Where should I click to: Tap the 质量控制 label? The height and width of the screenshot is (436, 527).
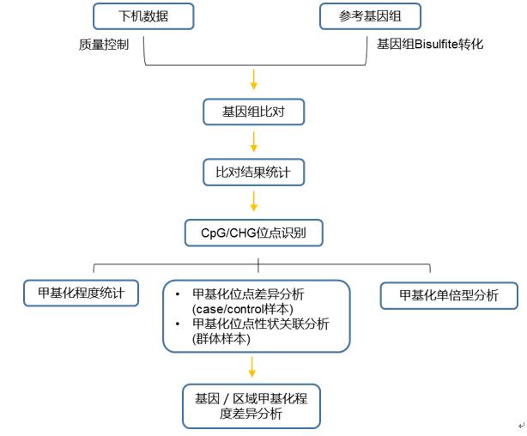[x=104, y=44]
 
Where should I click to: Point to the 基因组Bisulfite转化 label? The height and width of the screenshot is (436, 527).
[x=429, y=44]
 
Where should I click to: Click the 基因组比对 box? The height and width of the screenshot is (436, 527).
[x=253, y=112]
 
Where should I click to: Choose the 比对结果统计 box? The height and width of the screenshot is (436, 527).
[x=253, y=172]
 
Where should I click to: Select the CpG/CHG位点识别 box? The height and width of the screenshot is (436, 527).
[x=254, y=232]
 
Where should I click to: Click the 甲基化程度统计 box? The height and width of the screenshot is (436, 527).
[x=75, y=294]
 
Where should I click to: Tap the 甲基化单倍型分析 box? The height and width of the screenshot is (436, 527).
[x=450, y=295]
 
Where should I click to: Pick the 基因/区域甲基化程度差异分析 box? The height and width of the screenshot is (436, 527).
[x=251, y=406]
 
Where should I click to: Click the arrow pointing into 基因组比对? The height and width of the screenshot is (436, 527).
[x=253, y=80]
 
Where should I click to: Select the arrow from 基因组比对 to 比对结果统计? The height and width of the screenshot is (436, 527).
[x=253, y=142]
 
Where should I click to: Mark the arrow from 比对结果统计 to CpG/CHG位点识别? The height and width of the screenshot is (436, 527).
[x=253, y=202]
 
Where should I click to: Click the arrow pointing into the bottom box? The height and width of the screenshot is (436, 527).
[x=252, y=366]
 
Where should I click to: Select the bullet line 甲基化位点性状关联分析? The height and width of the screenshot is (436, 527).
[x=261, y=324]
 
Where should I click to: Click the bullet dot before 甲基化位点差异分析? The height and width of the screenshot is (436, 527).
[x=177, y=294]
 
